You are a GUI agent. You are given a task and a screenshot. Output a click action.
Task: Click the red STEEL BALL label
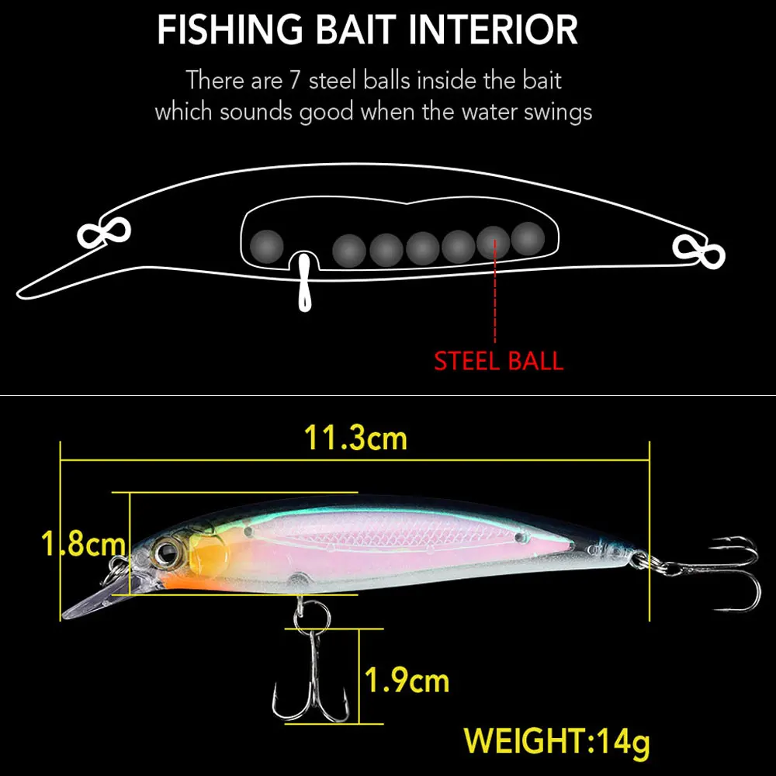498,361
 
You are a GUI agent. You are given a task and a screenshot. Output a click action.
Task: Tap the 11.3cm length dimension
355,438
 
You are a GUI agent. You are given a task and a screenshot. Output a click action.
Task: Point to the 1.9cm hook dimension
407,681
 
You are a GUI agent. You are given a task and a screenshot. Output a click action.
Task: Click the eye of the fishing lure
166,552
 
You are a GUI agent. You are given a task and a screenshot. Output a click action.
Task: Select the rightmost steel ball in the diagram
528,238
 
